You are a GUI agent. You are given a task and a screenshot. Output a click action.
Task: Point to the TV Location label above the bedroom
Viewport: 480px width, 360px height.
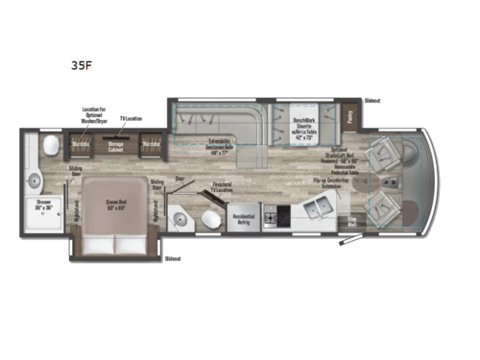point(131,119)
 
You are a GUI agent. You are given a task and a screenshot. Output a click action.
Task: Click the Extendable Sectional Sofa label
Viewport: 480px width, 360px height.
point(228,148)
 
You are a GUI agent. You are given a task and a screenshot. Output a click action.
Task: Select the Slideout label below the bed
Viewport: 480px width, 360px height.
point(173,258)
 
